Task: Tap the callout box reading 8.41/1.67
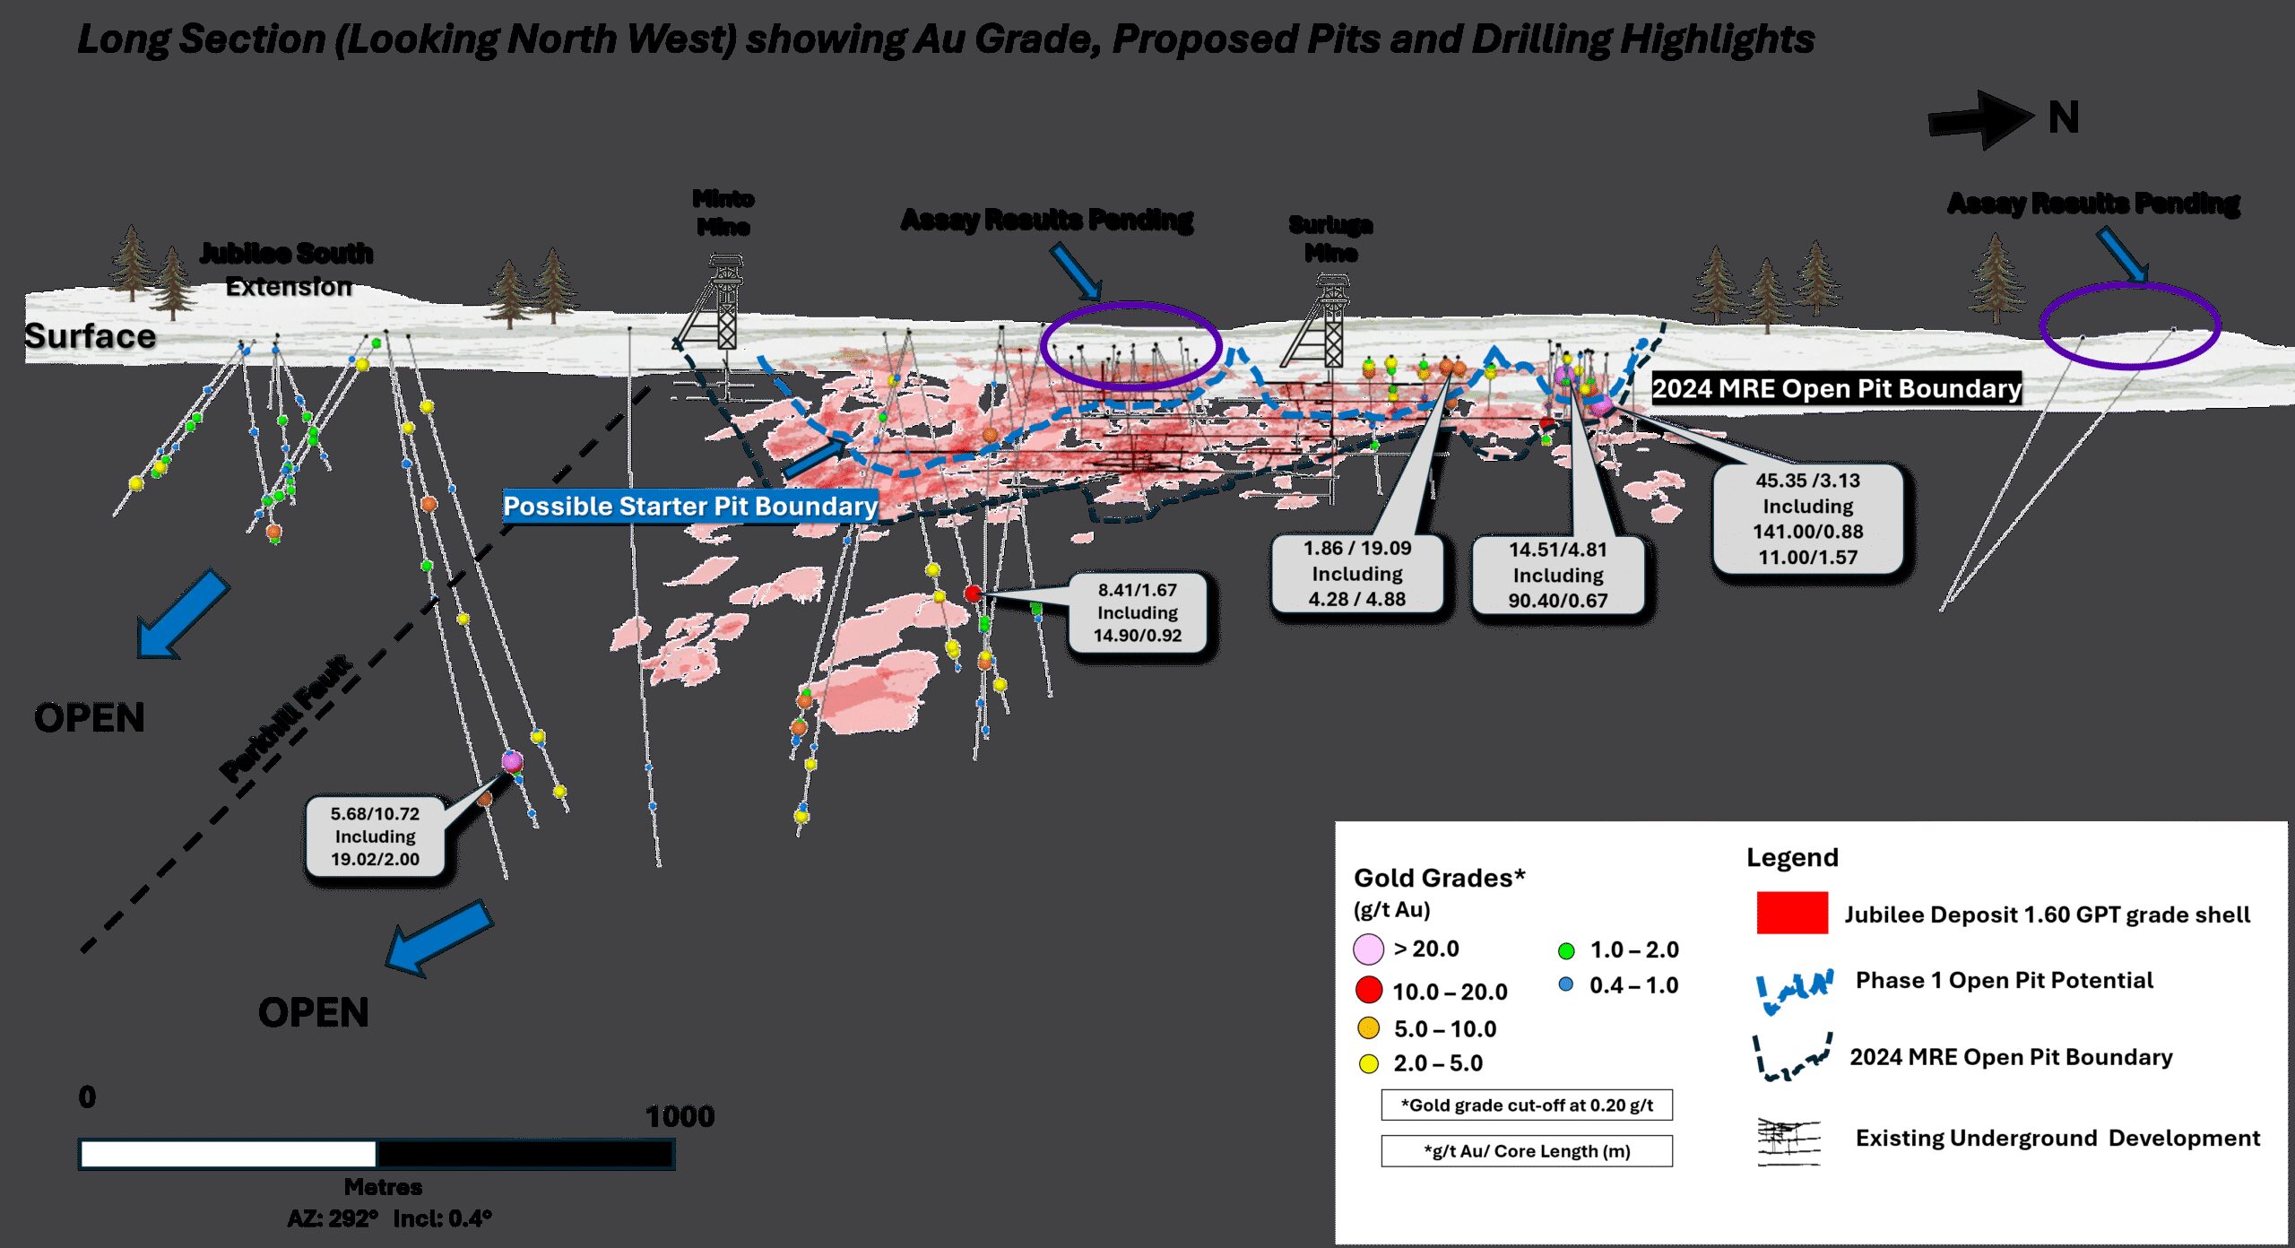click(x=1137, y=613)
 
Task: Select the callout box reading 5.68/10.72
click(x=375, y=836)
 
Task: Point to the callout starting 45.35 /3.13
click(x=1807, y=518)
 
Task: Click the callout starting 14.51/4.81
click(x=1557, y=575)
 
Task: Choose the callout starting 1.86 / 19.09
click(x=1356, y=574)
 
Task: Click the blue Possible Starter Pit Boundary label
click(x=689, y=507)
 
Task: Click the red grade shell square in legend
click(x=1791, y=913)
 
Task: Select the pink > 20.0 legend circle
click(x=1368, y=949)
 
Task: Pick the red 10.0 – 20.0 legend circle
click(x=1368, y=990)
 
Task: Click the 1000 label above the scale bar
click(x=680, y=1116)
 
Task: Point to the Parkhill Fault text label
click(x=287, y=718)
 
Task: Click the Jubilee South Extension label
click(x=287, y=269)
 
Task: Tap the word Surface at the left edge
click(x=90, y=336)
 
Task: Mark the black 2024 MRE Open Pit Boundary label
click(x=1836, y=388)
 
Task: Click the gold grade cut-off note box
click(x=1526, y=1105)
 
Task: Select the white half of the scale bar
click(x=228, y=1154)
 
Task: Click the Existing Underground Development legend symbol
click(x=1788, y=1140)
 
